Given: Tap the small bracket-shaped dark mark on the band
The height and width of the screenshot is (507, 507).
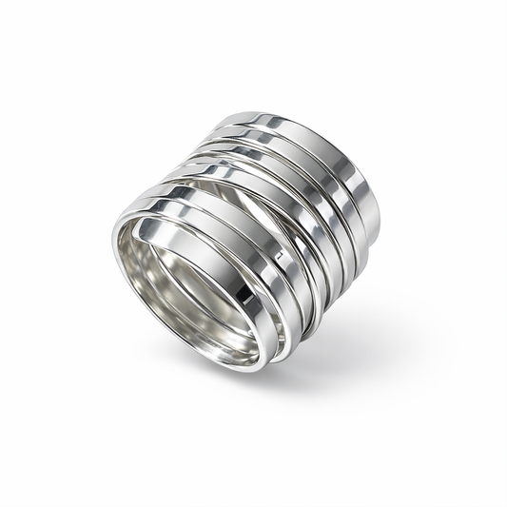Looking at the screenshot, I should tap(279, 257).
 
